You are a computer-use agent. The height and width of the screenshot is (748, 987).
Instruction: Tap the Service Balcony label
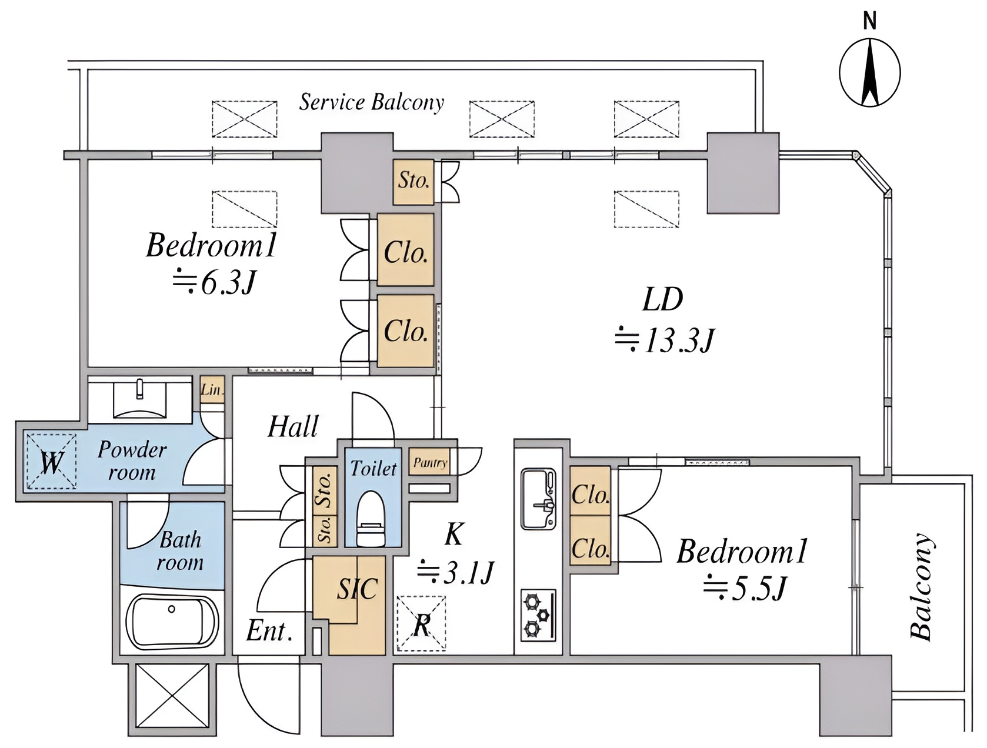(371, 102)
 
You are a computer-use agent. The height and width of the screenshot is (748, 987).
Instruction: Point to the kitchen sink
(538, 499)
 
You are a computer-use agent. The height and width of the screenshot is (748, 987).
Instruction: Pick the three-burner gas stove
(538, 615)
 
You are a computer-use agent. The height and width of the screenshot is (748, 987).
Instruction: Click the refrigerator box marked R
(421, 623)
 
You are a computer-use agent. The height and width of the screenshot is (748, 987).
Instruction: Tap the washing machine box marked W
(51, 460)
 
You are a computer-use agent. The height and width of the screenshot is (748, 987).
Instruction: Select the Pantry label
(431, 463)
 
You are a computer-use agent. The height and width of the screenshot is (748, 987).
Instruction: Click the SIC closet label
(358, 588)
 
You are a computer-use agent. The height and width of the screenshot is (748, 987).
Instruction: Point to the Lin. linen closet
(212, 390)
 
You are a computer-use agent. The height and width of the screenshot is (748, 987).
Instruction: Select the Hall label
(293, 426)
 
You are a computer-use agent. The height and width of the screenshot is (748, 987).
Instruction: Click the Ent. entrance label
(269, 631)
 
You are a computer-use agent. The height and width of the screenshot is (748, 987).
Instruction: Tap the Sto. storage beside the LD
(414, 182)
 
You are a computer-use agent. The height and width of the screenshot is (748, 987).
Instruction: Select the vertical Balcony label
(921, 587)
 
